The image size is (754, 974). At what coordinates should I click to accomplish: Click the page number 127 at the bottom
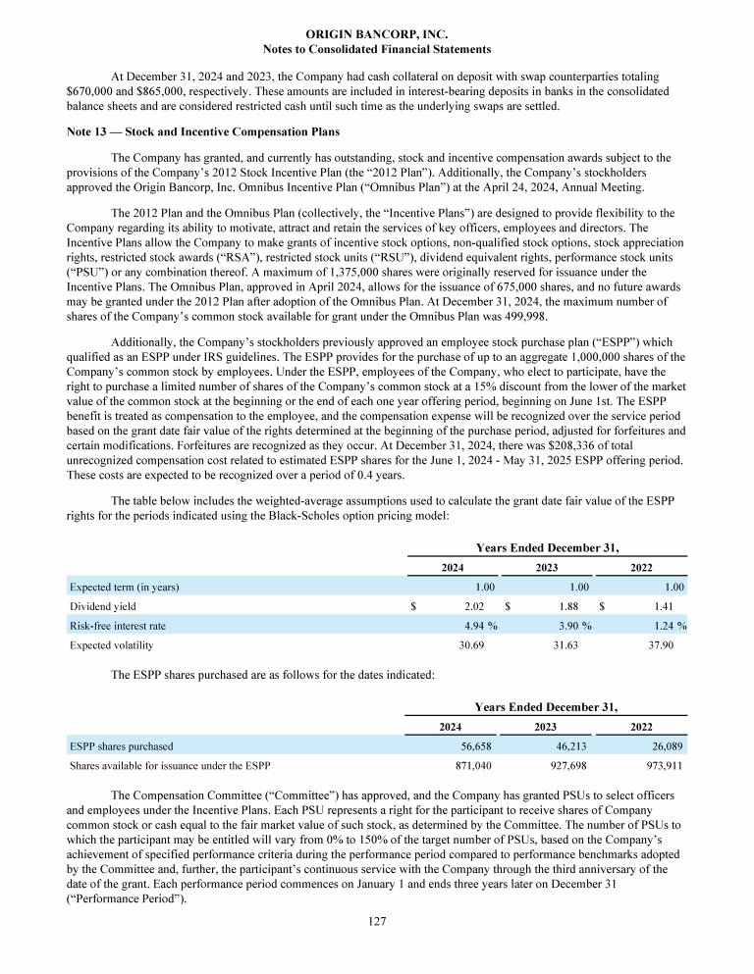tap(377, 948)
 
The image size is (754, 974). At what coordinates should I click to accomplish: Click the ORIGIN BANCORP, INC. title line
tap(377, 34)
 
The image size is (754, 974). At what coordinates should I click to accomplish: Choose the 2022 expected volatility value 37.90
tap(668, 645)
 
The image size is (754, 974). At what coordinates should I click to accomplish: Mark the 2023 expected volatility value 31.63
tap(570, 645)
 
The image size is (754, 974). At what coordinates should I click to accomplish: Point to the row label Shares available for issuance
tap(169, 765)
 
